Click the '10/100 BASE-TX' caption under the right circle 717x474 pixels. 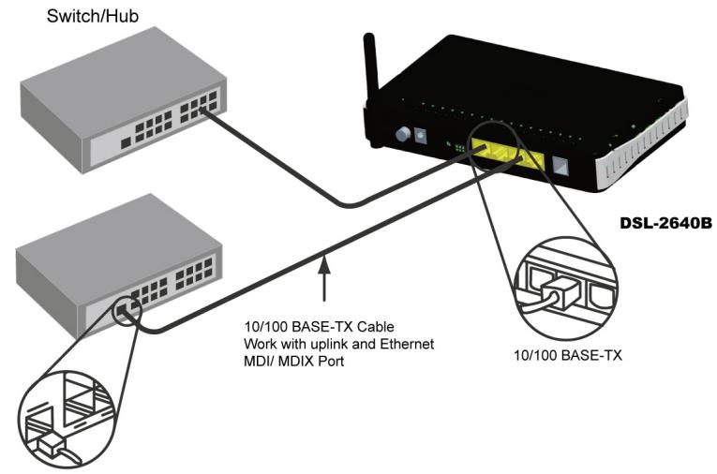[x=571, y=356]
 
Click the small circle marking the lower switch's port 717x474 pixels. [x=124, y=311]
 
